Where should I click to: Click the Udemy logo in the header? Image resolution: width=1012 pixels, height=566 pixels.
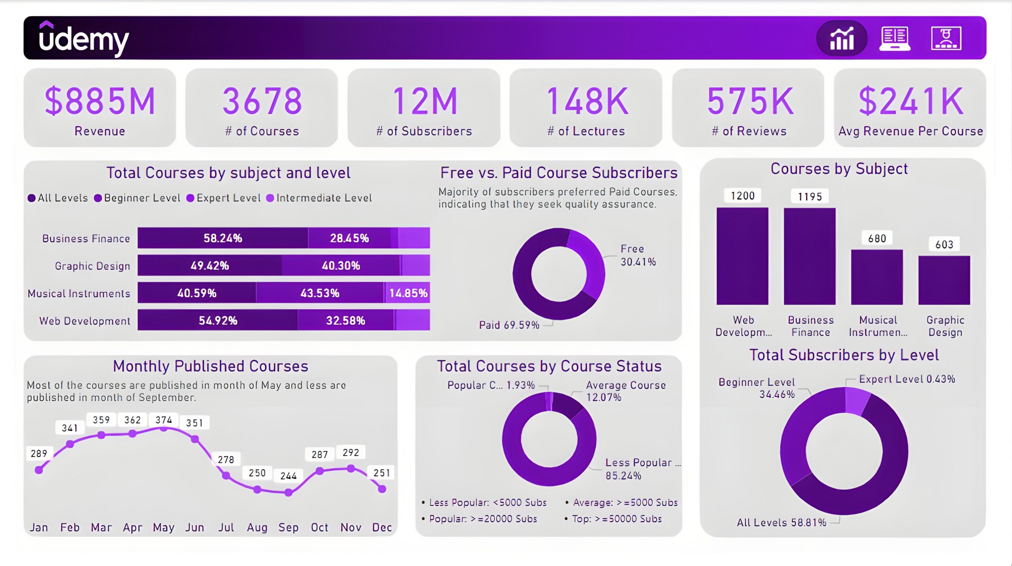click(84, 39)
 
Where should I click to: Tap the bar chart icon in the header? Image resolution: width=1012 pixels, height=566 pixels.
click(842, 38)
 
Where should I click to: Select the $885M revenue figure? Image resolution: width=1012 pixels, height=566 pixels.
click(100, 102)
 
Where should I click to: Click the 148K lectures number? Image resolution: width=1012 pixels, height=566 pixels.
click(587, 102)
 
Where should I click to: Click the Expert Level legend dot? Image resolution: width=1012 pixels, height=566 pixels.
click(190, 198)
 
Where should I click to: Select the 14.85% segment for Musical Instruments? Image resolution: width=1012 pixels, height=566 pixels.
click(408, 293)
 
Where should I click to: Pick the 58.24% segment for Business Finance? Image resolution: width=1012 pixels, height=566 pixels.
click(223, 238)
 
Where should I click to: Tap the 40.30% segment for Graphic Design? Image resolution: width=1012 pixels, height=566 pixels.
click(341, 265)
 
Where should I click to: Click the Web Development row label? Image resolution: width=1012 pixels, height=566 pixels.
click(85, 320)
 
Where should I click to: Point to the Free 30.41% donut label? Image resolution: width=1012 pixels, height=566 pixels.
click(637, 255)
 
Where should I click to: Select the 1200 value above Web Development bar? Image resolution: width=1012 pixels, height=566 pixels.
click(742, 196)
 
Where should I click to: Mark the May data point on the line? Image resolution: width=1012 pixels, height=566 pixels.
click(164, 428)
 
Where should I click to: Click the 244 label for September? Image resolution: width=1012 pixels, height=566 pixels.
click(288, 476)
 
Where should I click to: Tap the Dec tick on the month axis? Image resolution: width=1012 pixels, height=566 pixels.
click(382, 527)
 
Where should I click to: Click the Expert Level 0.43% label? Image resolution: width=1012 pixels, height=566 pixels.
click(907, 379)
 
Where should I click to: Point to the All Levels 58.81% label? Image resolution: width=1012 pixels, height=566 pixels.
click(781, 523)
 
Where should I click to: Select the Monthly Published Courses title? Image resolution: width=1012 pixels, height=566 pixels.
click(210, 366)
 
